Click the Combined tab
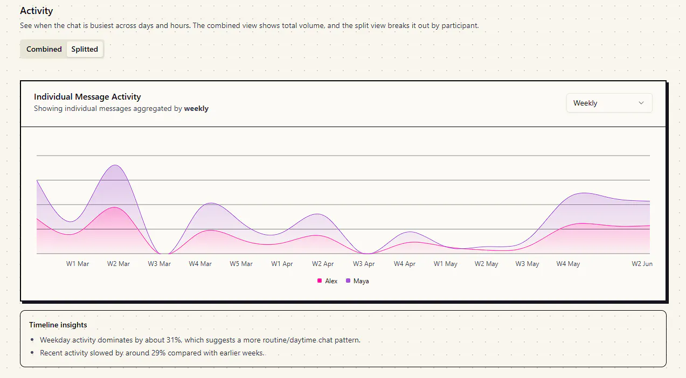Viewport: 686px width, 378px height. tap(44, 49)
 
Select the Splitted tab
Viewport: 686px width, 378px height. tap(85, 49)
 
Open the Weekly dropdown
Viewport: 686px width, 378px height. tap(609, 103)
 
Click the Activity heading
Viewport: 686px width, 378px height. tap(37, 11)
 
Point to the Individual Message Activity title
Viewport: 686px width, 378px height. tap(87, 97)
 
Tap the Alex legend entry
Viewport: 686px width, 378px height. tap(328, 281)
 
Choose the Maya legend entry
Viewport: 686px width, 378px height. tap(357, 281)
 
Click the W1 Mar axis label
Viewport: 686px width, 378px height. tap(78, 264)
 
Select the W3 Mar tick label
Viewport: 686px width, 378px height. tap(160, 264)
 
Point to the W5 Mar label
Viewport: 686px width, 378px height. tap(241, 264)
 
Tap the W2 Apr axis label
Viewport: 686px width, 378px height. tap(323, 264)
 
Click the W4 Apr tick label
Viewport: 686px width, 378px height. tap(405, 264)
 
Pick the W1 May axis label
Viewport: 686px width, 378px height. tap(445, 264)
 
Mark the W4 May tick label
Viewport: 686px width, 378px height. tap(568, 264)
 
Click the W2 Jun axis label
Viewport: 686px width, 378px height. tap(642, 264)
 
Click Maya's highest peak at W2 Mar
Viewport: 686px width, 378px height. tap(115, 165)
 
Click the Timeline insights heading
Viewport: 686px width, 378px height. tap(58, 325)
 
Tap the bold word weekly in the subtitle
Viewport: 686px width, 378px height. tap(196, 109)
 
